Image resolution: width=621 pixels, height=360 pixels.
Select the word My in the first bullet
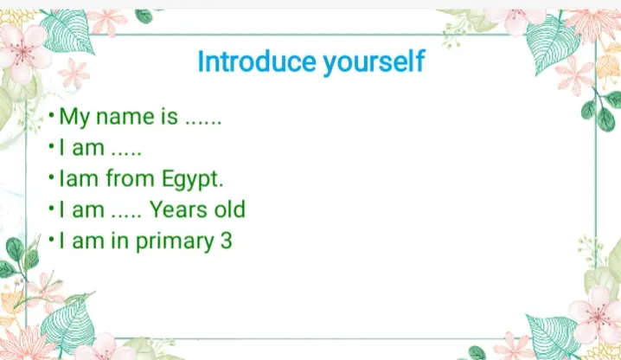(75, 118)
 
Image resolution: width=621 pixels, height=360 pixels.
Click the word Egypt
(192, 180)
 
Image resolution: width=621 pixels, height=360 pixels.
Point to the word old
(229, 209)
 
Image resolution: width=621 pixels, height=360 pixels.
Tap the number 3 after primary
(226, 241)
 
